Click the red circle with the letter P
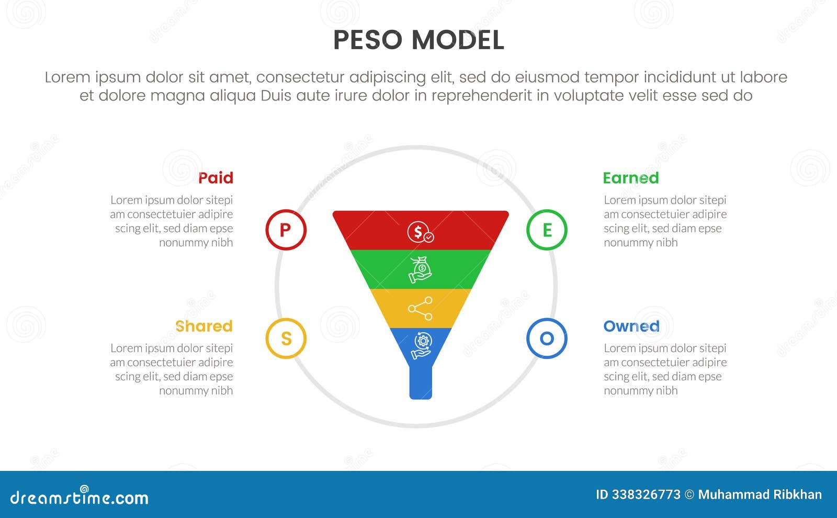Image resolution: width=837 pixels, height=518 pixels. click(x=285, y=230)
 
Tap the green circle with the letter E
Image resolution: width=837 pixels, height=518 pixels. click(x=547, y=230)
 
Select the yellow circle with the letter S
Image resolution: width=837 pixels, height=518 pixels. click(x=286, y=339)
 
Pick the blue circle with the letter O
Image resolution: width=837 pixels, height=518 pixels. click(x=547, y=339)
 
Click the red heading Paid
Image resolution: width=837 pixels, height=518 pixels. click(x=216, y=178)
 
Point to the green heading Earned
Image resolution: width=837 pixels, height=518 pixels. click(x=630, y=178)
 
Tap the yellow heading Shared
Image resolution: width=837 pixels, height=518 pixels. click(x=203, y=326)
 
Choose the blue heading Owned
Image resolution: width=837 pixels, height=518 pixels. click(x=631, y=326)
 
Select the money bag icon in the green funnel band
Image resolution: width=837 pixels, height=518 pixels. click(x=420, y=269)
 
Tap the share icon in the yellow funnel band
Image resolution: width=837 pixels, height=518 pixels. click(x=420, y=308)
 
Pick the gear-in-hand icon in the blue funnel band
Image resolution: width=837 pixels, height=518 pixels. click(x=421, y=345)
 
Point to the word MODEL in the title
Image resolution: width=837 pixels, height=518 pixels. click(x=458, y=40)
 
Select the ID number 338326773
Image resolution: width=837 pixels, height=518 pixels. click(x=646, y=494)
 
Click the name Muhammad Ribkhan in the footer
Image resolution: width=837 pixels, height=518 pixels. click(x=760, y=494)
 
